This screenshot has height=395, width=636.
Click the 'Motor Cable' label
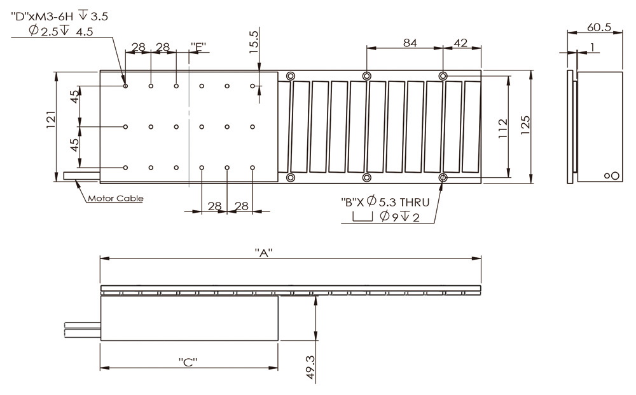(x=115, y=198)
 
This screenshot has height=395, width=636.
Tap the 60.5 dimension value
(x=598, y=27)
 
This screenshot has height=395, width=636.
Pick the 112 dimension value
(x=502, y=127)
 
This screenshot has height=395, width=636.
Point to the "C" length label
(x=188, y=362)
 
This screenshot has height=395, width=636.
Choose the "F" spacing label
(x=199, y=46)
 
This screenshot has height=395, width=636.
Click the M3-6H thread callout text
(x=60, y=17)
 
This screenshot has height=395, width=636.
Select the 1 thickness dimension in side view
(x=591, y=47)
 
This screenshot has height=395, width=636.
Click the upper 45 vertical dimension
(x=75, y=97)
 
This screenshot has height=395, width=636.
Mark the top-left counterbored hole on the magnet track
(x=291, y=76)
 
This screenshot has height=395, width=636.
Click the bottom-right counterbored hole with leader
(x=443, y=177)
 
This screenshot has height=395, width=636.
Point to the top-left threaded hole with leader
(x=125, y=85)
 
